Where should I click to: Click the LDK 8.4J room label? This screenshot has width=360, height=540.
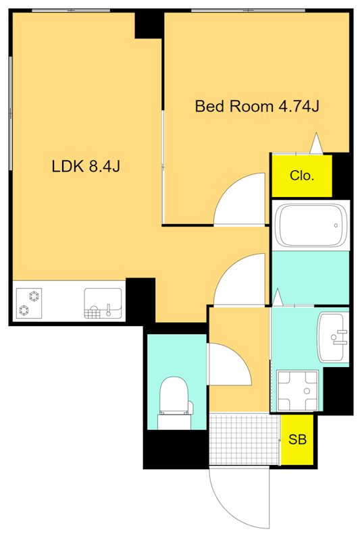(86, 167)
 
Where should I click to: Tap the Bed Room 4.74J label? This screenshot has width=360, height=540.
(257, 106)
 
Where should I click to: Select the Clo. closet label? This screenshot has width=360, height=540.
(302, 175)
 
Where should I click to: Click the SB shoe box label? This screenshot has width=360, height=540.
(297, 439)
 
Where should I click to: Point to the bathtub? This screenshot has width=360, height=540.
(311, 225)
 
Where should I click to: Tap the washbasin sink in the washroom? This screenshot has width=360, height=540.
(333, 337)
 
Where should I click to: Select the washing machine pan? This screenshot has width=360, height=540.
(298, 391)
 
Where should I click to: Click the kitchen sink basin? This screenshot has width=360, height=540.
(103, 303)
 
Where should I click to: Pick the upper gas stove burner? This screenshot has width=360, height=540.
(34, 296)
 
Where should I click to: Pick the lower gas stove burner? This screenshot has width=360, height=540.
(24, 310)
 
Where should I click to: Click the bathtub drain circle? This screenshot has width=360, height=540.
(336, 225)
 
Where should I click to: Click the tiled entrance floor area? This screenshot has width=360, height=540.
(244, 439)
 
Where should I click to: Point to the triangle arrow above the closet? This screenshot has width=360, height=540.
(316, 142)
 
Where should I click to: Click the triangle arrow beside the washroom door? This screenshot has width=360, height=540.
(278, 298)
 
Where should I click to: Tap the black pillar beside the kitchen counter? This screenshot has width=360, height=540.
(140, 300)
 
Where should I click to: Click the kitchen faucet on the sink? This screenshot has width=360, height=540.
(109, 310)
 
